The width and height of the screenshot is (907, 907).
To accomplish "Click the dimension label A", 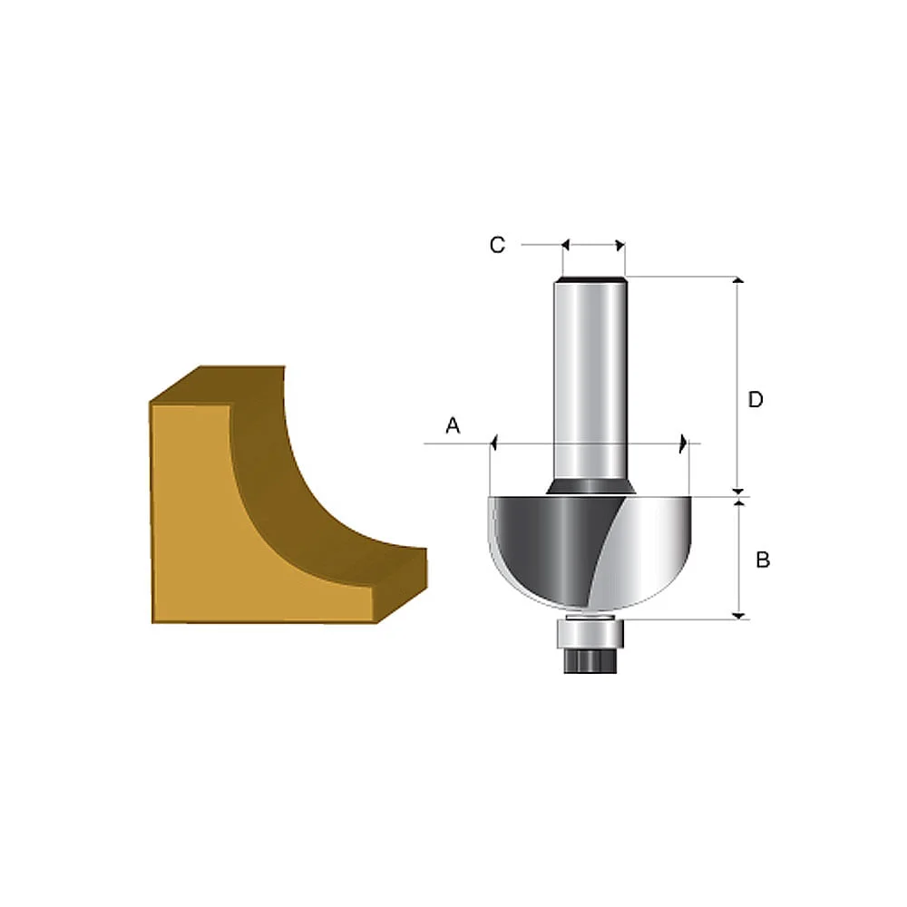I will (453, 425).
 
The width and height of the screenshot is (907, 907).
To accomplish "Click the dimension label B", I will (763, 561).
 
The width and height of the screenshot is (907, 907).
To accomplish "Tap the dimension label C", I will (497, 245).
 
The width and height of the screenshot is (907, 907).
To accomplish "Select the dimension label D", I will (756, 400).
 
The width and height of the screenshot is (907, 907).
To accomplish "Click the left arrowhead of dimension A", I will (495, 444).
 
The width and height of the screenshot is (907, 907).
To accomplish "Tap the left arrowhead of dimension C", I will (566, 245).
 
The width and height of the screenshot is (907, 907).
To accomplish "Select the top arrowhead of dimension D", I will (739, 282).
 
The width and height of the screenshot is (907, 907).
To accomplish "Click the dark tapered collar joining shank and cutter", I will (591, 487).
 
